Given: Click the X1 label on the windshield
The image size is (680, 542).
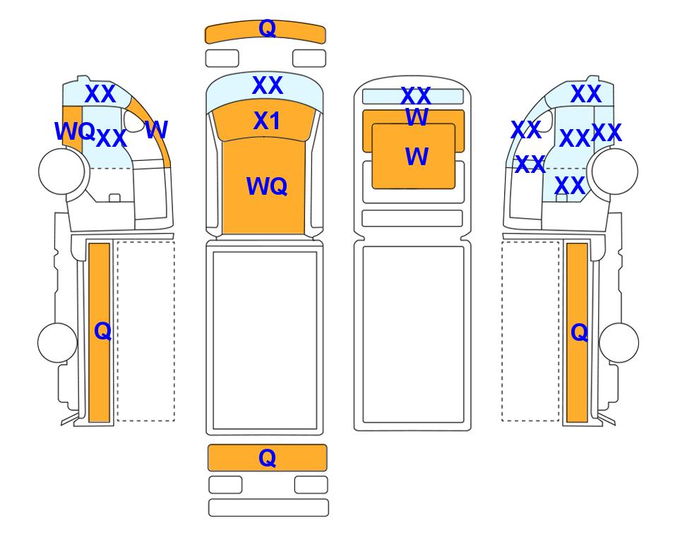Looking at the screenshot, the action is (x=267, y=121).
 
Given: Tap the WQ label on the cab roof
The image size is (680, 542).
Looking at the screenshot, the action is (x=267, y=186).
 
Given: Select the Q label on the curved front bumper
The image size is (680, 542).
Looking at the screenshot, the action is (x=267, y=29).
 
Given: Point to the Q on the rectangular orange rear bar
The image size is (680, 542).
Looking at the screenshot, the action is (x=267, y=458).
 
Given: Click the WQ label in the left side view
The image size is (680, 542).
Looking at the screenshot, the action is (x=75, y=131).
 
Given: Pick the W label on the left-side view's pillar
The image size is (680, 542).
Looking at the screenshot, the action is (x=156, y=129).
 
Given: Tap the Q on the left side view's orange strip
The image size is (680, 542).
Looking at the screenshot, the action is (x=103, y=331).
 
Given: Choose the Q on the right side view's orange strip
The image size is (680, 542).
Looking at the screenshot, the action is (x=580, y=332).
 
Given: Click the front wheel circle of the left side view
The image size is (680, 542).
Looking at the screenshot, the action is (x=61, y=171).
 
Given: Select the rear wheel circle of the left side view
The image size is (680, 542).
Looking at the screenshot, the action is (x=58, y=342).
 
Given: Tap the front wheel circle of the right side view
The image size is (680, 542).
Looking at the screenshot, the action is (x=615, y=171).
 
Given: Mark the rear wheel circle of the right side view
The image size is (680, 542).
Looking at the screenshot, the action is (x=619, y=342).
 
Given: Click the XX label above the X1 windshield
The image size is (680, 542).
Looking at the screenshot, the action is (x=268, y=85).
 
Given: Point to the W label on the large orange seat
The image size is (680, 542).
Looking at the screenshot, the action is (x=417, y=156).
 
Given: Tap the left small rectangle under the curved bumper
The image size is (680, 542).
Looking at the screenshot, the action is (x=222, y=59).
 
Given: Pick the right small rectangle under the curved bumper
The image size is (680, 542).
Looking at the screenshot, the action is (x=309, y=59).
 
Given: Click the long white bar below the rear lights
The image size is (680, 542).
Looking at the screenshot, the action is (x=268, y=507).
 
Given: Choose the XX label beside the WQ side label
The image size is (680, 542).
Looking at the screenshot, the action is (x=112, y=139).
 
